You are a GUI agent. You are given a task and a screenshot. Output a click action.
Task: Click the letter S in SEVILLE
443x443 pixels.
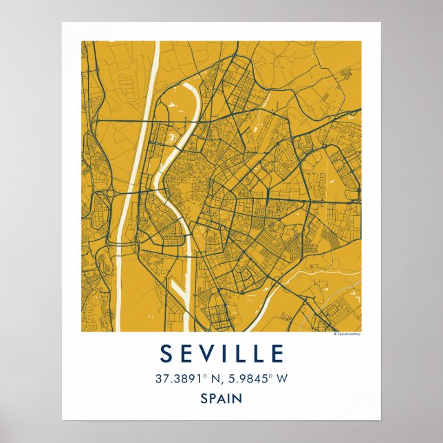166,354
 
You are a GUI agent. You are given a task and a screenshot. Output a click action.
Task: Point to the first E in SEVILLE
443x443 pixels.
186,354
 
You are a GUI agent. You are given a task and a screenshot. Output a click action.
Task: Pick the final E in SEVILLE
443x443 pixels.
277,354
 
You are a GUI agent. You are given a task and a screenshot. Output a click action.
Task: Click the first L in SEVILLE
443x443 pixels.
240,354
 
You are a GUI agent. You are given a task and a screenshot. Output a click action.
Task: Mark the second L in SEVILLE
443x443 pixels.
259,354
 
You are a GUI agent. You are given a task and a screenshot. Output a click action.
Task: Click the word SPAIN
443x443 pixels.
221,398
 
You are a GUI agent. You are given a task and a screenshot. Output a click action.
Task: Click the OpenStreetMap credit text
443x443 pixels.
347,334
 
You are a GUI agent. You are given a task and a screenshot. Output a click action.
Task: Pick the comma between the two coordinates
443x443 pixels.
221,381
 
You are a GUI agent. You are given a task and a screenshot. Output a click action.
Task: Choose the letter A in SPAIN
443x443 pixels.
223,398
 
